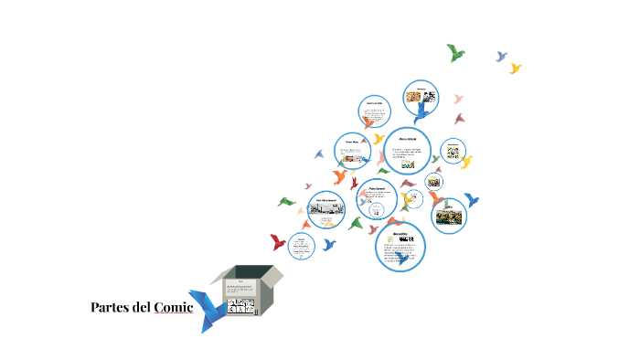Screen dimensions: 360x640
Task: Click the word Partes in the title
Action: tap(110, 307)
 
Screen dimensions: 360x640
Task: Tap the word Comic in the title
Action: tap(173, 307)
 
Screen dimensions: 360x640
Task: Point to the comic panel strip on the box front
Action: tap(242, 307)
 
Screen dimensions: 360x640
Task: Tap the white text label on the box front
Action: tap(242, 290)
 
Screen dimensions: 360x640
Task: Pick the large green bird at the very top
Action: tap(455, 52)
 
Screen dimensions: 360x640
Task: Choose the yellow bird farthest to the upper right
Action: tap(516, 69)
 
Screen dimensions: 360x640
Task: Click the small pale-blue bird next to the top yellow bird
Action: tap(501, 57)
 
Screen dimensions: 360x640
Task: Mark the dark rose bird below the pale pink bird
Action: tap(460, 118)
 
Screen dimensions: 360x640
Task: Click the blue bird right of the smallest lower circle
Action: tap(329, 244)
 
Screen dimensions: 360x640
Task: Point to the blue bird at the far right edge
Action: tap(472, 199)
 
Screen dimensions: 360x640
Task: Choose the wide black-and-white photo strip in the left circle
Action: tap(327, 209)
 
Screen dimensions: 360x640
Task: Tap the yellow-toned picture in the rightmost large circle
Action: tap(449, 217)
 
